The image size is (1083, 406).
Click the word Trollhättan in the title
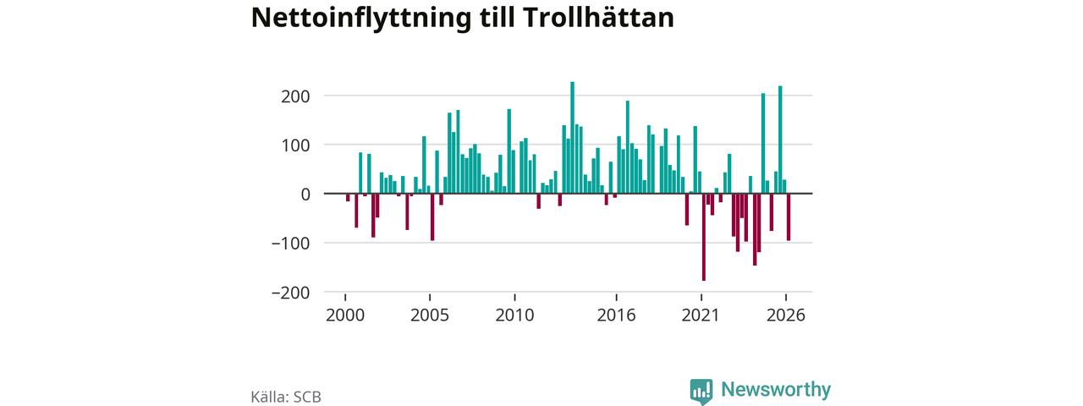[598, 18]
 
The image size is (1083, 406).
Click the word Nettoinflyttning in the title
[361, 19]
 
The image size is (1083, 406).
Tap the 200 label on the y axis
[295, 96]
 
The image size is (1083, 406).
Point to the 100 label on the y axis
[295, 145]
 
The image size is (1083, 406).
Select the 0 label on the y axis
[305, 195]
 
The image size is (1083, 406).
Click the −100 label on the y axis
[290, 244]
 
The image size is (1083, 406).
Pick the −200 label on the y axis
[290, 293]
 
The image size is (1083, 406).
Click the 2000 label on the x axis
[345, 315]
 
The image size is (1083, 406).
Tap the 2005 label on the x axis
[430, 315]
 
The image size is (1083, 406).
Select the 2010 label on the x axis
[515, 315]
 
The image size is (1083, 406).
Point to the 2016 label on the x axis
[617, 315]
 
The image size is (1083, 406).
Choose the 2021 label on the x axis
[701, 315]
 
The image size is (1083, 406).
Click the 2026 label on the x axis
[786, 315]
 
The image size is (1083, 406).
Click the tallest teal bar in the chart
[573, 138]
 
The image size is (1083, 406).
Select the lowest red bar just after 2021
[703, 237]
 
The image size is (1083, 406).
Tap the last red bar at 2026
[789, 217]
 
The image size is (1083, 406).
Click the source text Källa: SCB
[286, 397]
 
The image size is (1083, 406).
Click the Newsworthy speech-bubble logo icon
[701, 391]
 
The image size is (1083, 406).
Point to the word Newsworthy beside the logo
[776, 389]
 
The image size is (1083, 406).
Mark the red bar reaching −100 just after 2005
[432, 217]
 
